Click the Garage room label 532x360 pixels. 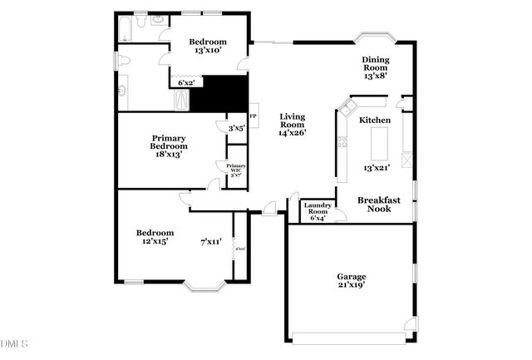click(x=351, y=277)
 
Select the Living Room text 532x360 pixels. click(x=293, y=121)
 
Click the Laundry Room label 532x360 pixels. click(x=318, y=209)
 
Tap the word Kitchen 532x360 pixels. click(x=375, y=121)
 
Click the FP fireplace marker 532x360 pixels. click(x=254, y=117)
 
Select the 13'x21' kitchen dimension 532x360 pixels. click(x=377, y=168)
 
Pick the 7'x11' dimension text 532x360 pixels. click(x=210, y=242)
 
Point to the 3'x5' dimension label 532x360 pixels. click(x=236, y=128)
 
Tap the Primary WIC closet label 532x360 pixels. click(x=236, y=169)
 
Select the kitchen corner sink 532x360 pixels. click(x=347, y=107)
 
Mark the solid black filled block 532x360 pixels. click(x=219, y=94)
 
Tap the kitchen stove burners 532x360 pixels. click(x=342, y=141)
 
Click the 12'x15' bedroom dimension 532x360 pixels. click(x=155, y=242)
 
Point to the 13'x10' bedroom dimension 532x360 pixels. click(x=207, y=51)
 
